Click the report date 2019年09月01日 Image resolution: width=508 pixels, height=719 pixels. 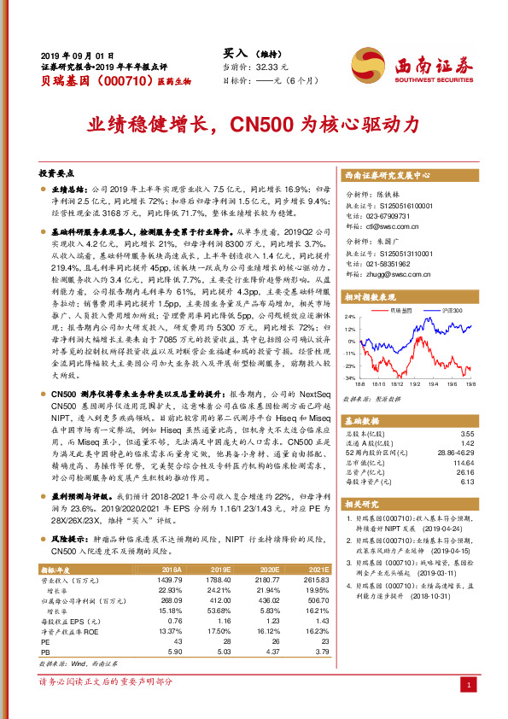pyautogui.click(x=77, y=54)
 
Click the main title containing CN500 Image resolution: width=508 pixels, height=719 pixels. pyautogui.click(x=254, y=124)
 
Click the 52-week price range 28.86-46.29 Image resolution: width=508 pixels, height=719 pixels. pyautogui.click(x=450, y=453)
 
